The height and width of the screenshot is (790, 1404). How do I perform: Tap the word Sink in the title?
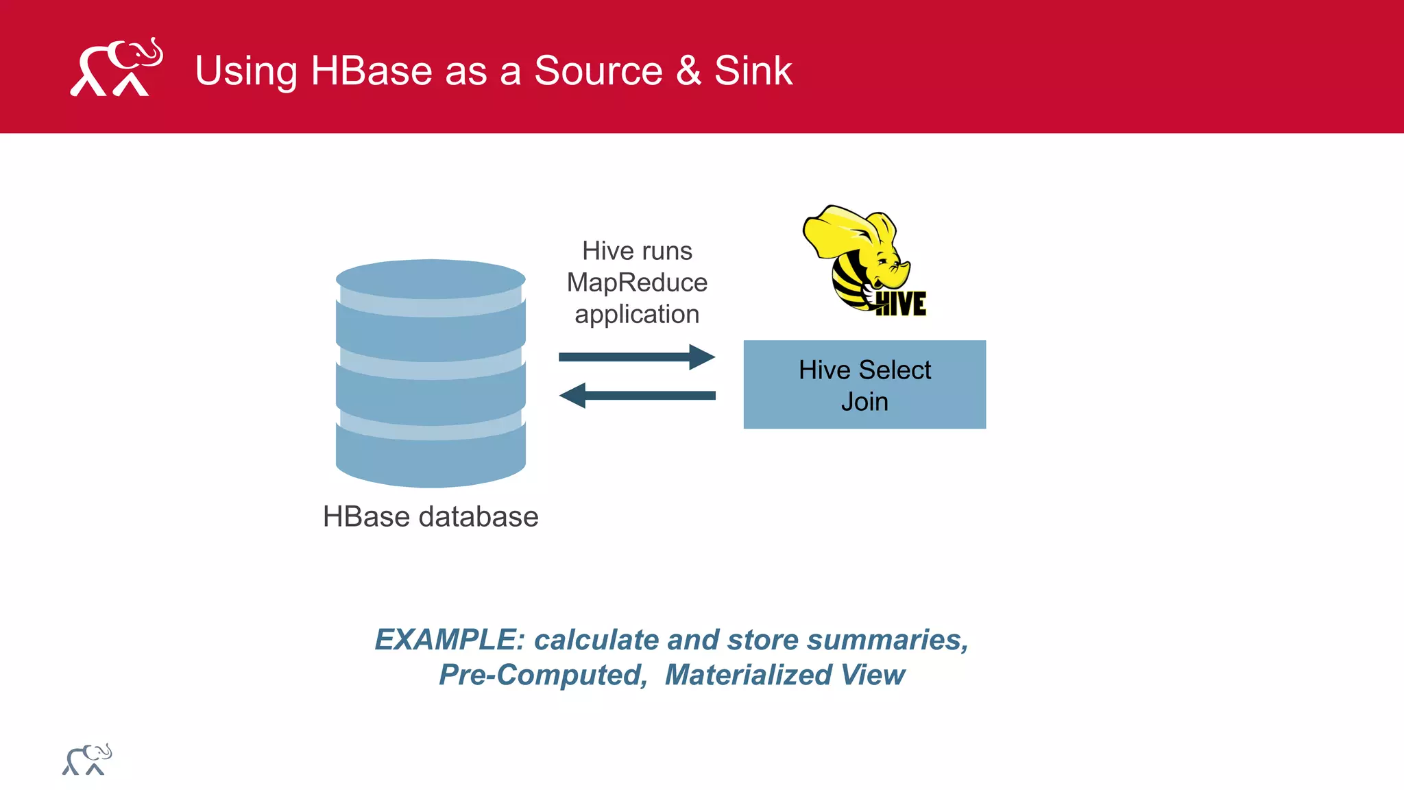[753, 71]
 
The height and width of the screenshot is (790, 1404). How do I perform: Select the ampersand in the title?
[688, 71]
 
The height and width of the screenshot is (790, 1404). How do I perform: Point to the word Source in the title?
[598, 71]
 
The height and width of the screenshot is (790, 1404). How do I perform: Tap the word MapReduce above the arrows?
[637, 283]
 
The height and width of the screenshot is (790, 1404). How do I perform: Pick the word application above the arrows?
[637, 315]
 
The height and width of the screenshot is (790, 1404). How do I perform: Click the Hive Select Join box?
[864, 385]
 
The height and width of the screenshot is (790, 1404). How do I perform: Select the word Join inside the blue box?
[864, 402]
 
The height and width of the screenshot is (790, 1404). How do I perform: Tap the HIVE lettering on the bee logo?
[901, 304]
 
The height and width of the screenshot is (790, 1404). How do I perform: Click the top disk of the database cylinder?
[431, 278]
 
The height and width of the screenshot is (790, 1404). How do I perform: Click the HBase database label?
[431, 517]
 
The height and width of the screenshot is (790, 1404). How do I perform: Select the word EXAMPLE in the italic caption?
[449, 640]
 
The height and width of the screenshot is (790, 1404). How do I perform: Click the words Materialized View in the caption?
[785, 675]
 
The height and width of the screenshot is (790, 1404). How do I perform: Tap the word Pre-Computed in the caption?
[543, 675]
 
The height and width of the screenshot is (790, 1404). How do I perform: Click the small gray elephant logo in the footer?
[87, 760]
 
